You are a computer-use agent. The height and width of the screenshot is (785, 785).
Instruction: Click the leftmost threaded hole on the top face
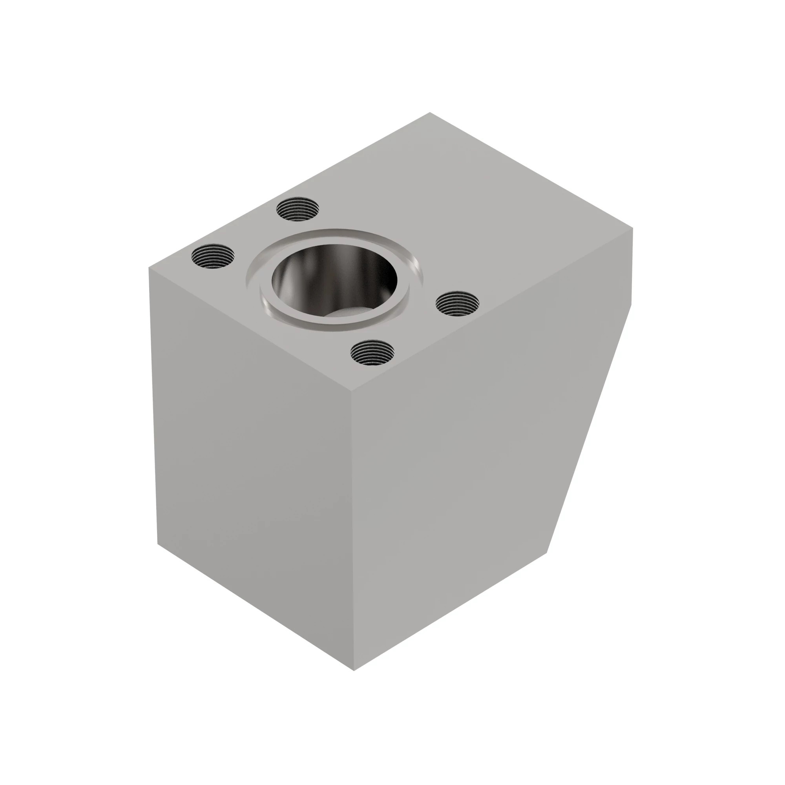tap(213, 256)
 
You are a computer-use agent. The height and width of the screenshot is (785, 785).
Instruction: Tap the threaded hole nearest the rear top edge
tap(298, 209)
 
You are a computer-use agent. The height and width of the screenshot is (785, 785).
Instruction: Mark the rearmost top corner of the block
tap(430, 113)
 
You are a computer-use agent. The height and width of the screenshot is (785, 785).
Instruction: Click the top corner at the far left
tap(149, 268)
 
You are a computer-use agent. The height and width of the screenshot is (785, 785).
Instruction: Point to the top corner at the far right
tap(633, 229)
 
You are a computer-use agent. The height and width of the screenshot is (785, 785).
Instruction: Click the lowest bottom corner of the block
tap(354, 670)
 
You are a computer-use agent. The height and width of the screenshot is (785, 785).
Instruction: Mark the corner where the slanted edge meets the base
tap(547, 553)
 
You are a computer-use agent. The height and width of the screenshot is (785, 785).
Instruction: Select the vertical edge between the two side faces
tap(353, 528)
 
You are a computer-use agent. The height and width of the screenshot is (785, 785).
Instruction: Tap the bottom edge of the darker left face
tap(256, 607)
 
